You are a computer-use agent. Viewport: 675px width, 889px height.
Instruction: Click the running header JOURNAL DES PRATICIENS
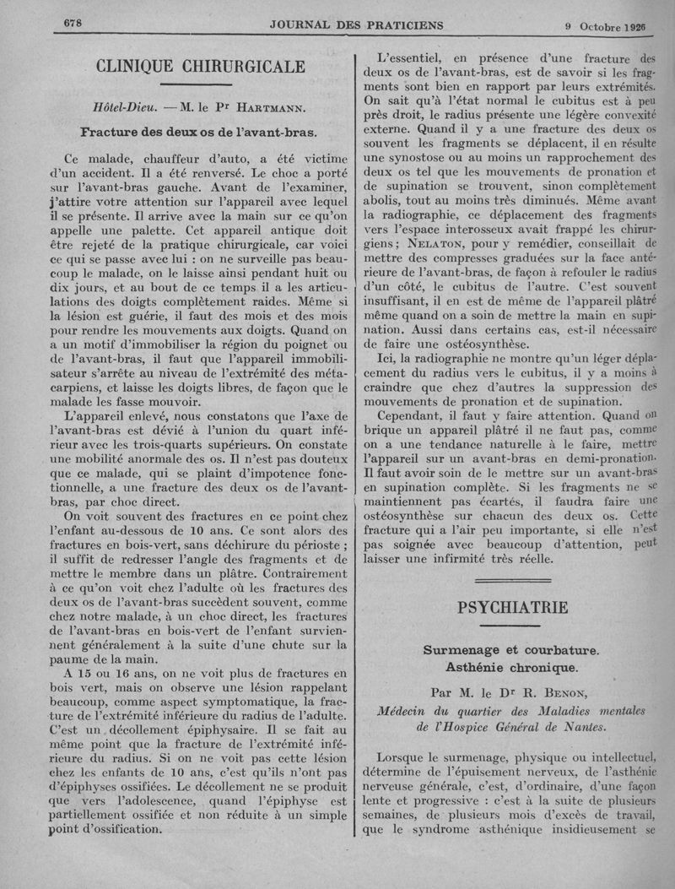[357, 25]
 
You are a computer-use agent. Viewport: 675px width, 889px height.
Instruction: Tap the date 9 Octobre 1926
[610, 26]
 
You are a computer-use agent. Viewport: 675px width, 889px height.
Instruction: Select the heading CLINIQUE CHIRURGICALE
[201, 66]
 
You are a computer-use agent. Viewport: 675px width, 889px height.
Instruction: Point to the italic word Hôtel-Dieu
[126, 108]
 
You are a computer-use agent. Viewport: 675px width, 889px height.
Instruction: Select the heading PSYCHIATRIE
[513, 608]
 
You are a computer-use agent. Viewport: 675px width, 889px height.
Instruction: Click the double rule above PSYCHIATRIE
[513, 580]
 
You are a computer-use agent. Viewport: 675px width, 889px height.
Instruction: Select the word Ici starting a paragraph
[389, 359]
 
